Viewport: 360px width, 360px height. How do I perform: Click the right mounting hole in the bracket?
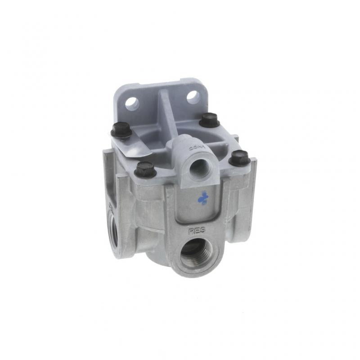click(x=193, y=96)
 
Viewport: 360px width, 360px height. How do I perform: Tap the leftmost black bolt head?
click(x=121, y=131)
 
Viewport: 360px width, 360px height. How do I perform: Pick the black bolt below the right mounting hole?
click(x=209, y=120)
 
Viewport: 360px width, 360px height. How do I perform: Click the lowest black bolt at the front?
click(x=145, y=169)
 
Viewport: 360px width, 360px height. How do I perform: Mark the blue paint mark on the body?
click(x=204, y=197)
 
